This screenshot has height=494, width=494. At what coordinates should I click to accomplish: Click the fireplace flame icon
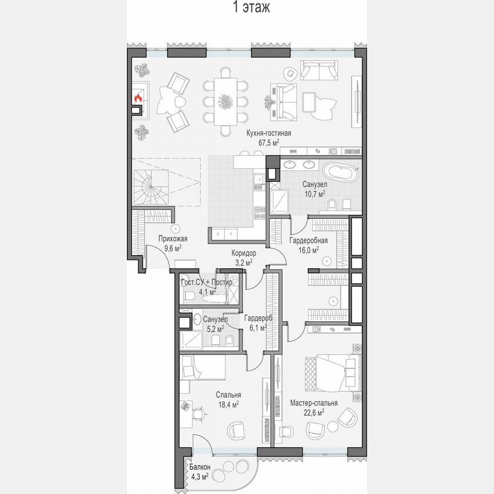(x=138, y=98)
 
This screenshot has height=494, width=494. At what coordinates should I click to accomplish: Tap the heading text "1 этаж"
(x=247, y=7)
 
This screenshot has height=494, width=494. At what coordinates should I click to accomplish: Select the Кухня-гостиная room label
(x=269, y=133)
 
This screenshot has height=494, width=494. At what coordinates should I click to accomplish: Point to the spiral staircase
(x=149, y=186)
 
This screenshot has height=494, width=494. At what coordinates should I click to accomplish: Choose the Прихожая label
(x=173, y=239)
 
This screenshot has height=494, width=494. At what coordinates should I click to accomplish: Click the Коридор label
(x=244, y=253)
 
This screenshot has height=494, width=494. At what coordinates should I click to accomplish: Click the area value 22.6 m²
(x=313, y=411)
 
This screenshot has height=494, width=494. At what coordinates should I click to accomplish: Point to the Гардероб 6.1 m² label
(x=257, y=318)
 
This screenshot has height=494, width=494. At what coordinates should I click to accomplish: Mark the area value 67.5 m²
(x=269, y=142)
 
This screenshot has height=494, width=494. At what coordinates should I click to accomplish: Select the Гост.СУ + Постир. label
(x=207, y=283)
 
